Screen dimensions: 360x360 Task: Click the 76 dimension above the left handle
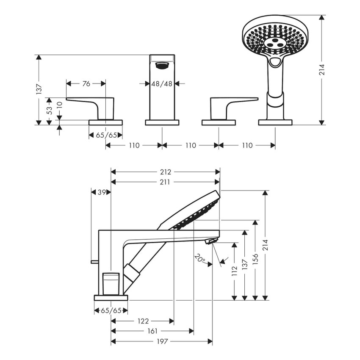point(86,84)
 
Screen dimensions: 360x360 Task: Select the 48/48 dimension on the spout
point(162,84)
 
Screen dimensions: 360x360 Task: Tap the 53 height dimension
point(49,111)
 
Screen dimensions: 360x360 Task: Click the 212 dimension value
point(166,172)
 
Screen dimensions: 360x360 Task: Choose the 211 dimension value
point(166,182)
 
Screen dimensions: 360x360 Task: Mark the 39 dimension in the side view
point(101,192)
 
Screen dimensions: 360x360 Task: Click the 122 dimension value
point(142,321)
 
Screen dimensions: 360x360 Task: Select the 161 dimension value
point(152,331)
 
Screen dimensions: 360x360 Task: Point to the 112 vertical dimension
point(234,271)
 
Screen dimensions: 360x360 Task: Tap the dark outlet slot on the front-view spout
point(162,65)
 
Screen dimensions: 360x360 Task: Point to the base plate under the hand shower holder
point(275,122)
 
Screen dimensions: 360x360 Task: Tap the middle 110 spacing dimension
point(191,145)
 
